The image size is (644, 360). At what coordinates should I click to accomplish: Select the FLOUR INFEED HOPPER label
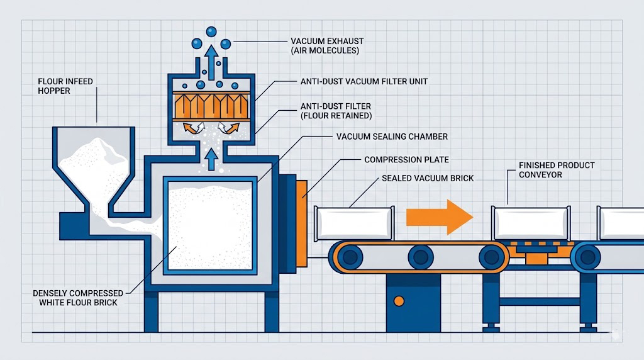pos(63,86)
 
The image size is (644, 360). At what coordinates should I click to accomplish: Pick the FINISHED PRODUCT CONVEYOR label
pos(548,170)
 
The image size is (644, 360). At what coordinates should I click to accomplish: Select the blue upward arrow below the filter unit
pos(211,158)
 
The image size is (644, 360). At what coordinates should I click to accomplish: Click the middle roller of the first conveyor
pos(419,257)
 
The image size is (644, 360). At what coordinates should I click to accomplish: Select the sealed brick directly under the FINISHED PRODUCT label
pos(532,222)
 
